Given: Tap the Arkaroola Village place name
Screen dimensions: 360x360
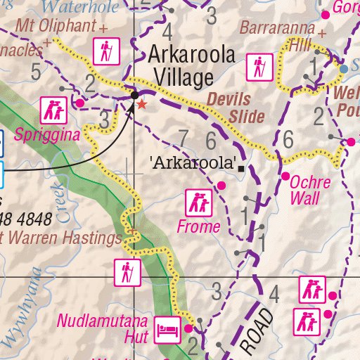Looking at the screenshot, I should pos(190,66).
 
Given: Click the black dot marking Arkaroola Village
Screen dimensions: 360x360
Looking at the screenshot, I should pos(134,93).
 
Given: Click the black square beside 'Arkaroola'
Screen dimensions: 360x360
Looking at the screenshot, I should pos(242,169).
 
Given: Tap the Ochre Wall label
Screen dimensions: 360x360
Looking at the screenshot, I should pos(310,189).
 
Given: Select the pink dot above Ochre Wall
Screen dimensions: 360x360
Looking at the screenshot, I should pos(286,176).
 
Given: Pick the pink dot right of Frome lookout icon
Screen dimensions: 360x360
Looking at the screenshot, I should pos(221,186).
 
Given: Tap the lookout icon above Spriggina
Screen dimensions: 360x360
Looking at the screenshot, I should pos(52,108).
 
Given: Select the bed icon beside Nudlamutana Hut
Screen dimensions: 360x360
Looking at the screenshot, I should pos(169,327).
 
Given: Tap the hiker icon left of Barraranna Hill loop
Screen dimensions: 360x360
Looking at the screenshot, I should pos(259,68).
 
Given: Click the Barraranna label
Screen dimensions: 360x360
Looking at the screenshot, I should pos(277,28).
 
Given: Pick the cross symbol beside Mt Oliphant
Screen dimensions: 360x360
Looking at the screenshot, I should pos(104,29).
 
